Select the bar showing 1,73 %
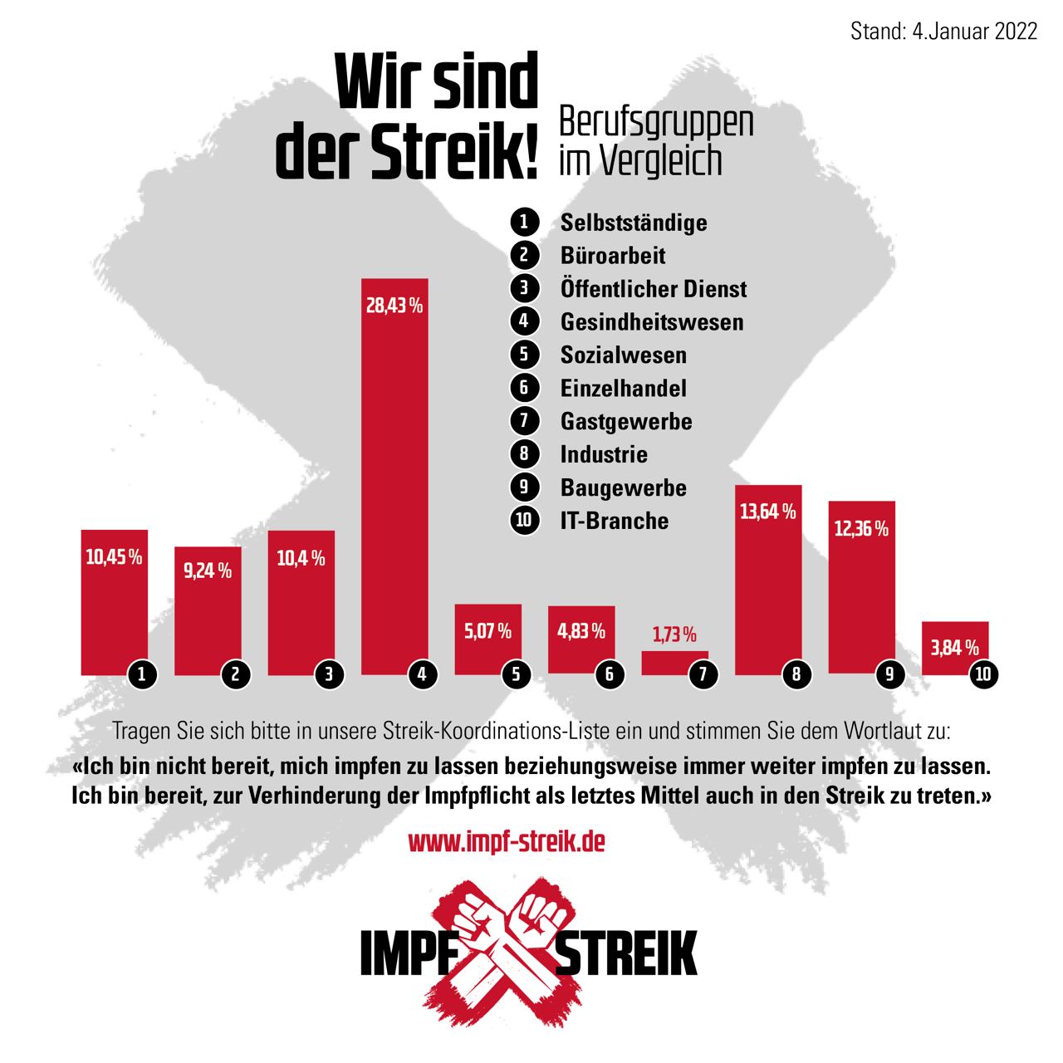(x=674, y=663)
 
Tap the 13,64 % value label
(x=767, y=512)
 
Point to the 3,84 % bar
(x=955, y=648)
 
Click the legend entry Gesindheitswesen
(x=652, y=322)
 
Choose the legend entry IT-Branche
(x=614, y=521)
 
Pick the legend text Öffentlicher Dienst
(x=654, y=289)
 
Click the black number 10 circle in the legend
(x=524, y=521)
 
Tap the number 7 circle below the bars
(x=703, y=674)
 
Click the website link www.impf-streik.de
(x=507, y=842)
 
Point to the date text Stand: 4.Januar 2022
(x=944, y=32)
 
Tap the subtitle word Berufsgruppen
(x=656, y=123)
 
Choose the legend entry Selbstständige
(x=634, y=223)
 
